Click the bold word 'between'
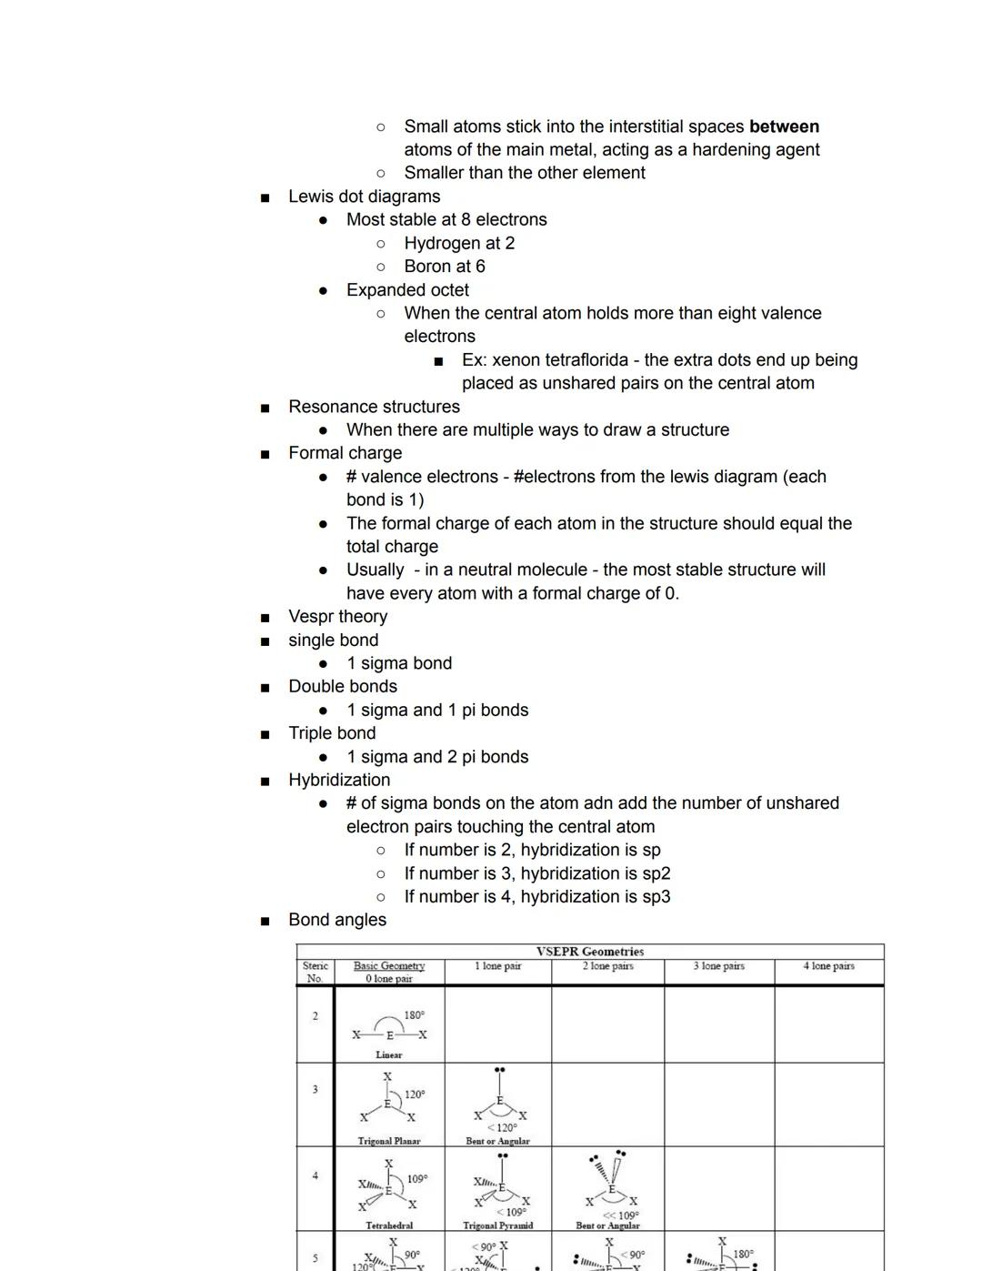coord(784,126)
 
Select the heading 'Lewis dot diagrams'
coord(364,197)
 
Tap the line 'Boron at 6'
coord(444,267)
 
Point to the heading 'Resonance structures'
coord(374,407)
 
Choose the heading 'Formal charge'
coord(345,453)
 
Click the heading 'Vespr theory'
coord(337,617)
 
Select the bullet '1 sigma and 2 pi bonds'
coord(436,757)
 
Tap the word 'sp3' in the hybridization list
coord(655,897)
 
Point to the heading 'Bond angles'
coord(337,920)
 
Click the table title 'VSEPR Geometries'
coord(590,952)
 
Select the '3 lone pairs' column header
coord(718,966)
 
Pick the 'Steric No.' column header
coord(315,972)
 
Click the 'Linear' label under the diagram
coord(388,1055)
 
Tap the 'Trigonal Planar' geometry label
coord(388,1141)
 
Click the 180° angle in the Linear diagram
coord(414,1015)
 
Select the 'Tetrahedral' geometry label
coord(388,1226)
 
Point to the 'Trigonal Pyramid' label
coord(497,1226)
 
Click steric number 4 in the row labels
coord(315,1175)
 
